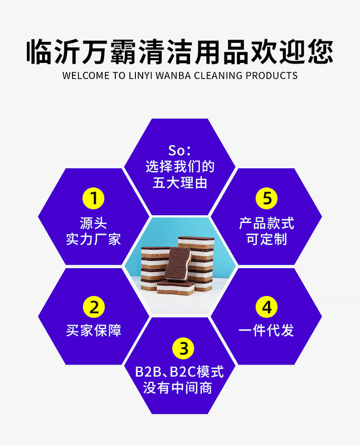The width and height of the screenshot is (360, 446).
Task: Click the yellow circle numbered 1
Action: [x=94, y=198]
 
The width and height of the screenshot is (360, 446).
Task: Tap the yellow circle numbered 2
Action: [x=94, y=307]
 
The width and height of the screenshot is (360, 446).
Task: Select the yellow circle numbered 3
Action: [x=179, y=349]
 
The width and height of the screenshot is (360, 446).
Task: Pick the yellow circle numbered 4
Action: [x=266, y=307]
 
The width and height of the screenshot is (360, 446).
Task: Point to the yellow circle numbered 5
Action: [x=266, y=198]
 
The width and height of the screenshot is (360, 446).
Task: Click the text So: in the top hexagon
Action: [x=179, y=151]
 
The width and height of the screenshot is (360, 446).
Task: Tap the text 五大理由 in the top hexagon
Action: [x=179, y=183]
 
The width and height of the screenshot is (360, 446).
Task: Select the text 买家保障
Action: [x=94, y=330]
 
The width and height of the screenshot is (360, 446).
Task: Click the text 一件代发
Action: [x=266, y=330]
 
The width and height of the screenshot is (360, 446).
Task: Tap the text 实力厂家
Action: [x=94, y=240]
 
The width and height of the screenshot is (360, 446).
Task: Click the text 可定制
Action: [x=266, y=240]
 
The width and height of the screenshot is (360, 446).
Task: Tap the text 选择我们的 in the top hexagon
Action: [x=179, y=167]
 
